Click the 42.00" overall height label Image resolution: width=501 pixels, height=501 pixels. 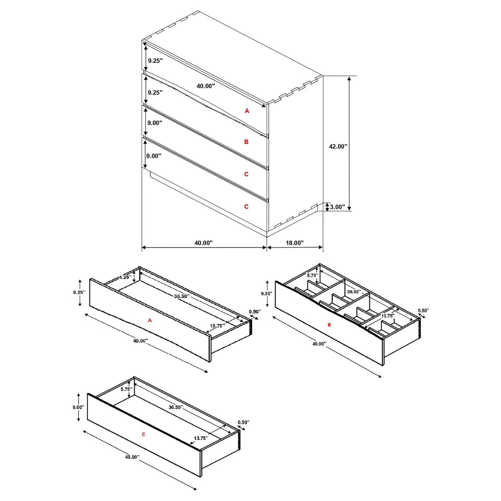coord(338,146)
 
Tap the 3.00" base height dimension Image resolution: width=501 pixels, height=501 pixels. coord(337,207)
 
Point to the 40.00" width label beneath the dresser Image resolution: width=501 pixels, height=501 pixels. coord(203,243)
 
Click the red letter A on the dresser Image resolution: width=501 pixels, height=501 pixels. coord(247,111)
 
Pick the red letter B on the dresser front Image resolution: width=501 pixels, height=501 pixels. coord(247,142)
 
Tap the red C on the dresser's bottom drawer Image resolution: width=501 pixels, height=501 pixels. coord(247,207)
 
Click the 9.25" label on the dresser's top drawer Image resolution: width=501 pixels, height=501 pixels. coord(155,61)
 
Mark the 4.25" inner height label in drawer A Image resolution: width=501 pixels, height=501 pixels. coord(124,277)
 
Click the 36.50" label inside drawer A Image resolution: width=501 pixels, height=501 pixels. coord(180,295)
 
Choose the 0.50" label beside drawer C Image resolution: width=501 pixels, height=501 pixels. coord(243,422)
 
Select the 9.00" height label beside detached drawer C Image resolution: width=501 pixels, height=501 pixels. coord(78,407)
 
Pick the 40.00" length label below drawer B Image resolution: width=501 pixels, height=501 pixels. coord(319,344)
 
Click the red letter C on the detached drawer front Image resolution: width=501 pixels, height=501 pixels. coord(143,434)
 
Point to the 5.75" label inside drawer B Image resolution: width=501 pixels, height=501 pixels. coord(312,275)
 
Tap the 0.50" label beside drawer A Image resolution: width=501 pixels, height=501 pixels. coord(255,312)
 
